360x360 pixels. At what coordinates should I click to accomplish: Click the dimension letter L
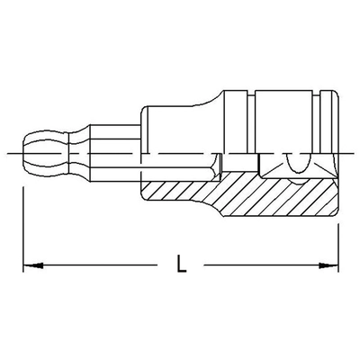coord(184,265)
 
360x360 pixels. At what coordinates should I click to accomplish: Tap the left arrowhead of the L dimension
coord(27,265)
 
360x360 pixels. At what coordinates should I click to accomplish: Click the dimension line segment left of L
coord(99,265)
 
